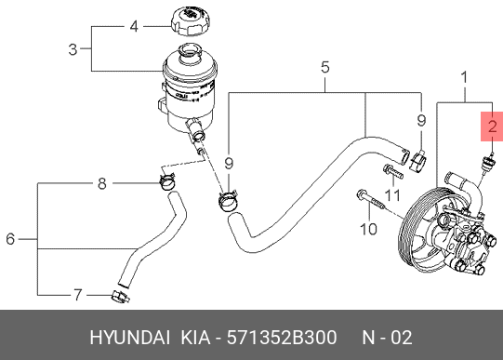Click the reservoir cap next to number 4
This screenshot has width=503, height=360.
click(192, 22)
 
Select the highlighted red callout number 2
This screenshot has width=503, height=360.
click(492, 127)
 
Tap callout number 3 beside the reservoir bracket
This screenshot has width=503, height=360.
click(73, 49)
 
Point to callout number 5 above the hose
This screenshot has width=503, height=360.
click(325, 67)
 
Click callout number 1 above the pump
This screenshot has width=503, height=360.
click(464, 77)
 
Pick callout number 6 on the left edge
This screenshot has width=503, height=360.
click(10, 239)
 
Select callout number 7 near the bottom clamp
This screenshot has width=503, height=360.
click(78, 295)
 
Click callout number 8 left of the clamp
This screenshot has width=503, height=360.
click(101, 184)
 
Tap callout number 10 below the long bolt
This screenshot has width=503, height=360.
click(368, 229)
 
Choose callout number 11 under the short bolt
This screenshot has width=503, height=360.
click(392, 195)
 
